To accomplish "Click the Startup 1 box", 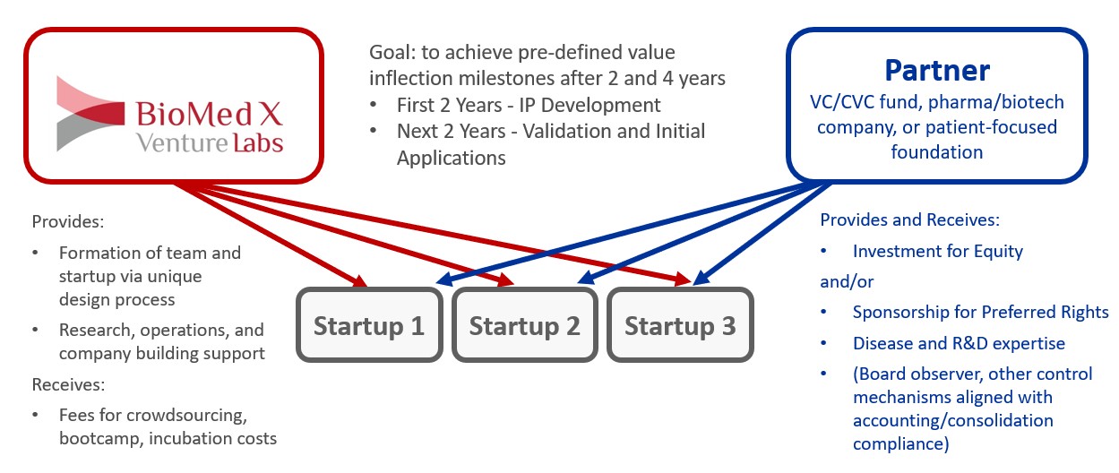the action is [x=369, y=324].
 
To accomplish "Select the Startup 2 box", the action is [x=524, y=324].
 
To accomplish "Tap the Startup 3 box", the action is [x=680, y=324].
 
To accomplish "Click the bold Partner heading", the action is [x=937, y=71].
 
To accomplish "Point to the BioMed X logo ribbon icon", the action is [x=90, y=114].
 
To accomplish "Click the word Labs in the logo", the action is [x=258, y=142].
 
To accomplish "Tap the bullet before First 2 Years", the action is [x=374, y=105].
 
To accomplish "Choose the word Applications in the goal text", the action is [x=452, y=159].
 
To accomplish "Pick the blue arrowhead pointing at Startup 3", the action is [x=701, y=277].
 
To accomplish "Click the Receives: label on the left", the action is [x=68, y=384].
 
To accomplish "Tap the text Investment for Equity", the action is [x=938, y=251].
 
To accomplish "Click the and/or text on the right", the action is [x=847, y=282].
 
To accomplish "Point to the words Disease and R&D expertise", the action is [x=959, y=344].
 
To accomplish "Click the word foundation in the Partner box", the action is [x=936, y=151].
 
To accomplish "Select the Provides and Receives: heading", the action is [x=909, y=219].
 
